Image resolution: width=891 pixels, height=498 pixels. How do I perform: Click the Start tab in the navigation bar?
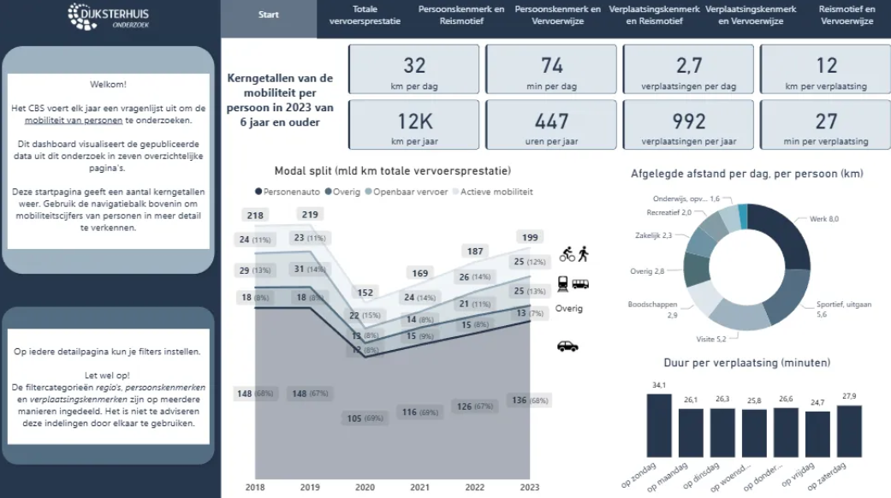tap(268, 15)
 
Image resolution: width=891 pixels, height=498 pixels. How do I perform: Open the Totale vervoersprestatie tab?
tap(365, 15)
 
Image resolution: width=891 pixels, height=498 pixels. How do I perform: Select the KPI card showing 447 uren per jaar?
tap(551, 125)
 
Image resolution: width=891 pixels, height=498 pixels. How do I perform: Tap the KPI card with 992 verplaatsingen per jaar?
tap(688, 125)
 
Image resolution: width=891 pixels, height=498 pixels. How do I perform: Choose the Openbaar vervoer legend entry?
tap(410, 192)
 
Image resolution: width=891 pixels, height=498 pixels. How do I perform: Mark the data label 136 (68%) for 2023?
tap(530, 400)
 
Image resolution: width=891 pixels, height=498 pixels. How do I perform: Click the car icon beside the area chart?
tap(567, 346)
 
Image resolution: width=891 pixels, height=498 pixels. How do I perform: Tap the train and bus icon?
tap(573, 283)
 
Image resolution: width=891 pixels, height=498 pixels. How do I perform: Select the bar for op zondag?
tap(659, 424)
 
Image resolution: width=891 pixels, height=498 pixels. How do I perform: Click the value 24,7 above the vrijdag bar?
tap(817, 402)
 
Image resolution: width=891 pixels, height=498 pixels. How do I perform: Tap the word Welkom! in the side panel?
tap(108, 85)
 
